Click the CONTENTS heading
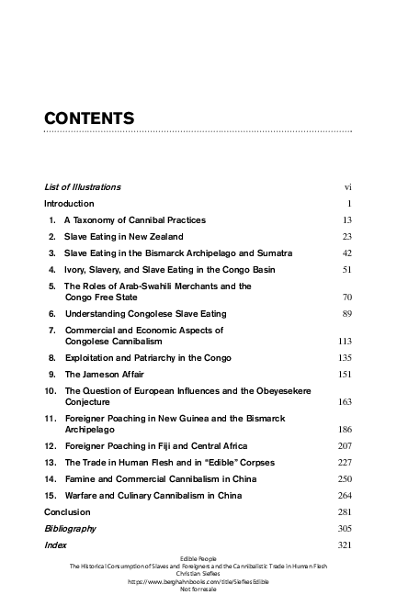[90, 118]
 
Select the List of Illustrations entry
[83, 187]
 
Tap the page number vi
[348, 187]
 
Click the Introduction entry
[69, 203]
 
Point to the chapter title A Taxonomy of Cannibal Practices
[135, 220]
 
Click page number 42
[347, 253]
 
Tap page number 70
[347, 297]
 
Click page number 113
[346, 341]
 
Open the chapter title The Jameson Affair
[104, 375]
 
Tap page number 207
[346, 445]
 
